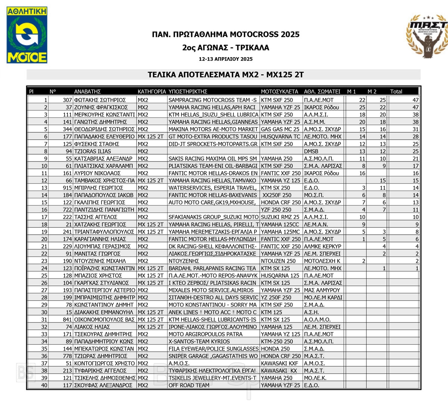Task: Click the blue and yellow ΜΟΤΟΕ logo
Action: pyautogui.click(x=27, y=35)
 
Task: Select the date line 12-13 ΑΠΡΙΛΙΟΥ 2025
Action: pyautogui.click(x=225, y=59)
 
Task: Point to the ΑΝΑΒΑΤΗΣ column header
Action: pyautogui.click(x=87, y=92)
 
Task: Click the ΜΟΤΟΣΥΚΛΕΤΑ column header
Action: pyautogui.click(x=279, y=92)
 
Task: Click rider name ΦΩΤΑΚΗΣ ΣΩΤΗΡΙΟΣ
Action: pyautogui.click(x=100, y=100)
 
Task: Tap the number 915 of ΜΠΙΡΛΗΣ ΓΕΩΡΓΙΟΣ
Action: pyautogui.click(x=67, y=188)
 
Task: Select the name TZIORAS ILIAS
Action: pyautogui.click(x=92, y=151)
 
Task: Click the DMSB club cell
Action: pyautogui.click(x=311, y=151)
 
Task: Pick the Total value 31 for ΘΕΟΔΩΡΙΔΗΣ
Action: pyautogui.click(x=416, y=129)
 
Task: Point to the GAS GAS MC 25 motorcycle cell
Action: pyautogui.click(x=280, y=129)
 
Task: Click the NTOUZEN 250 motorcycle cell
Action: pyautogui.click(x=278, y=261)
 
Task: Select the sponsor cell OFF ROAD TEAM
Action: pyautogui.click(x=189, y=385)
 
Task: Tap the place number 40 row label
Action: pyautogui.click(x=44, y=385)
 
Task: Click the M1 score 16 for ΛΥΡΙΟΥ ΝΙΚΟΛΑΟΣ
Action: pyautogui.click(x=362, y=173)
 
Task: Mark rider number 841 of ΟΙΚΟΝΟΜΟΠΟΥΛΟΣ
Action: pyautogui.click(x=67, y=320)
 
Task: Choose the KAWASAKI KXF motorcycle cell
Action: pyautogui.click(x=280, y=363)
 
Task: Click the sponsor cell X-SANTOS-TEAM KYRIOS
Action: pyautogui.click(x=199, y=342)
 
